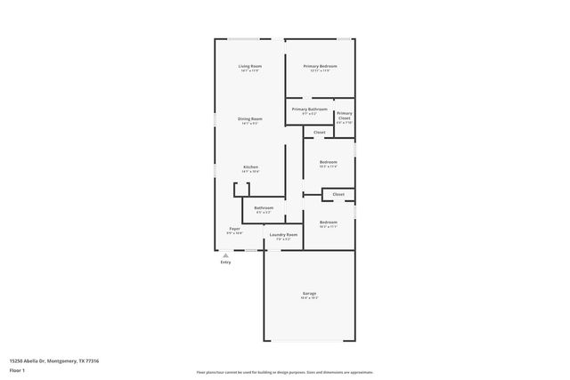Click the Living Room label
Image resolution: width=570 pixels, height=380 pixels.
(249, 67)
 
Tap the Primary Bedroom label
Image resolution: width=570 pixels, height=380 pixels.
(320, 67)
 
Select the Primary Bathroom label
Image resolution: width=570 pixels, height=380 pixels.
(309, 109)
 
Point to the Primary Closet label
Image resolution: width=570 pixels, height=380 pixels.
(344, 116)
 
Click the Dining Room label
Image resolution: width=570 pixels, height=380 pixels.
(249, 118)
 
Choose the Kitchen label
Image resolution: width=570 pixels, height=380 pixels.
(251, 166)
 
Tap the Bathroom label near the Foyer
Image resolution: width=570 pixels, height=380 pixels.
(264, 208)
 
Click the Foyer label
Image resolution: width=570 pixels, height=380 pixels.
(234, 229)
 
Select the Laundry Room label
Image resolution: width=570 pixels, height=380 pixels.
(283, 235)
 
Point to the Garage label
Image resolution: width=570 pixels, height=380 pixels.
(309, 293)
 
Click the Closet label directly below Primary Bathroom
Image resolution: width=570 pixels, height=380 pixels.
(319, 132)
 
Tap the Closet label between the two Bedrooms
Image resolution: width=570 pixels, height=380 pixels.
(338, 194)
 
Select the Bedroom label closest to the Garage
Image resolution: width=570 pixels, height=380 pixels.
(328, 222)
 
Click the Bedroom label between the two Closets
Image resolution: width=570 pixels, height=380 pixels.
(328, 161)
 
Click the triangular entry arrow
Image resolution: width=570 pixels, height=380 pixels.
(225, 255)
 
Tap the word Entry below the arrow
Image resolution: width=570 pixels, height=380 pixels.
(225, 262)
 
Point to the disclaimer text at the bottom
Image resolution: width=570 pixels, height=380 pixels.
(284, 372)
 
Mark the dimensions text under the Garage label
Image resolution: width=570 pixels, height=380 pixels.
(309, 298)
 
